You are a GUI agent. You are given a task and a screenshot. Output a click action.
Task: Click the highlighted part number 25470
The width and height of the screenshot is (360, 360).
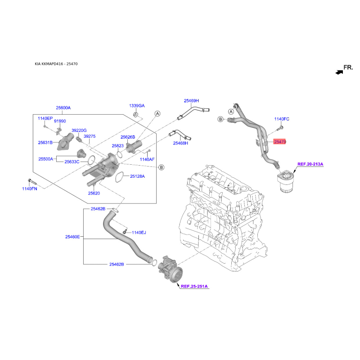[x=279, y=142]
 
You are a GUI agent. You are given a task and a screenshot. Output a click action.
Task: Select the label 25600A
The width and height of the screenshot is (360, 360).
[x=63, y=108]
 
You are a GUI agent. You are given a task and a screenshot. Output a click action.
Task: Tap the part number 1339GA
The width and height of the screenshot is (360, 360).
[x=137, y=106]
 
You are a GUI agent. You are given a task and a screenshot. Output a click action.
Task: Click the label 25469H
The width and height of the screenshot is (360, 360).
[x=191, y=100]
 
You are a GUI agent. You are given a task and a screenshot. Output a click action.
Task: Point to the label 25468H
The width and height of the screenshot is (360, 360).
[x=180, y=143]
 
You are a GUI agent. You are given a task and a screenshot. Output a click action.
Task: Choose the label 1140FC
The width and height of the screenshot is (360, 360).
[x=282, y=119]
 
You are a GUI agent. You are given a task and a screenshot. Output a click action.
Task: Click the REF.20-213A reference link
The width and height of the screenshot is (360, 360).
[x=310, y=164]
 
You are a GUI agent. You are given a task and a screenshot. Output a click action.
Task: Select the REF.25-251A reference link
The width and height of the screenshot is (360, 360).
[x=194, y=286]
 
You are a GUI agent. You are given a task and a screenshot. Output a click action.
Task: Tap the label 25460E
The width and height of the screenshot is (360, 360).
[x=72, y=237]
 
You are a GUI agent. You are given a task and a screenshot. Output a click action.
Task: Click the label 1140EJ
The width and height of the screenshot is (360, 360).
[x=139, y=233]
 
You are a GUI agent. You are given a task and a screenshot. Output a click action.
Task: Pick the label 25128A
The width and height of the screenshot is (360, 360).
[x=137, y=176]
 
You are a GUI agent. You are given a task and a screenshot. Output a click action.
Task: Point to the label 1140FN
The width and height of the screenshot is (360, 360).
[x=30, y=189]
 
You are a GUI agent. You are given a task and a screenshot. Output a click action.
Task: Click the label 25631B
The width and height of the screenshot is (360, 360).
[x=45, y=143]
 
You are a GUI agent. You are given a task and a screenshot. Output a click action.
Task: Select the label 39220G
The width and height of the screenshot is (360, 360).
[x=79, y=130]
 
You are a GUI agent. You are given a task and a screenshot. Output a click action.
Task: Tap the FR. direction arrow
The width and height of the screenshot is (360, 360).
[x=339, y=72]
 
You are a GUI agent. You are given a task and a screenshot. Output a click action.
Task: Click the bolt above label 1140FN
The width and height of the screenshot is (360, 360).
[x=32, y=181]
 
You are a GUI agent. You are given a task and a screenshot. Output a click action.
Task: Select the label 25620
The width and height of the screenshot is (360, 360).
[x=94, y=193]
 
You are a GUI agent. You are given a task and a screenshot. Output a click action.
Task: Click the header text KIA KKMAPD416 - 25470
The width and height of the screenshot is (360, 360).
[x=56, y=64]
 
